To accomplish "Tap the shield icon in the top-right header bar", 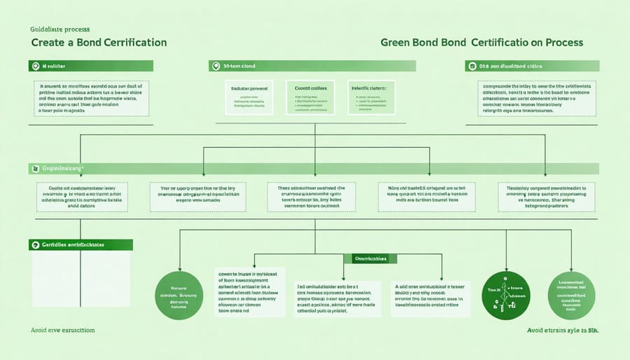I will (x=472, y=66).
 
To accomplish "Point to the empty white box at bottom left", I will (x=80, y=279).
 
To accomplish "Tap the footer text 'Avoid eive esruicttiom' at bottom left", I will (x=64, y=329).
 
